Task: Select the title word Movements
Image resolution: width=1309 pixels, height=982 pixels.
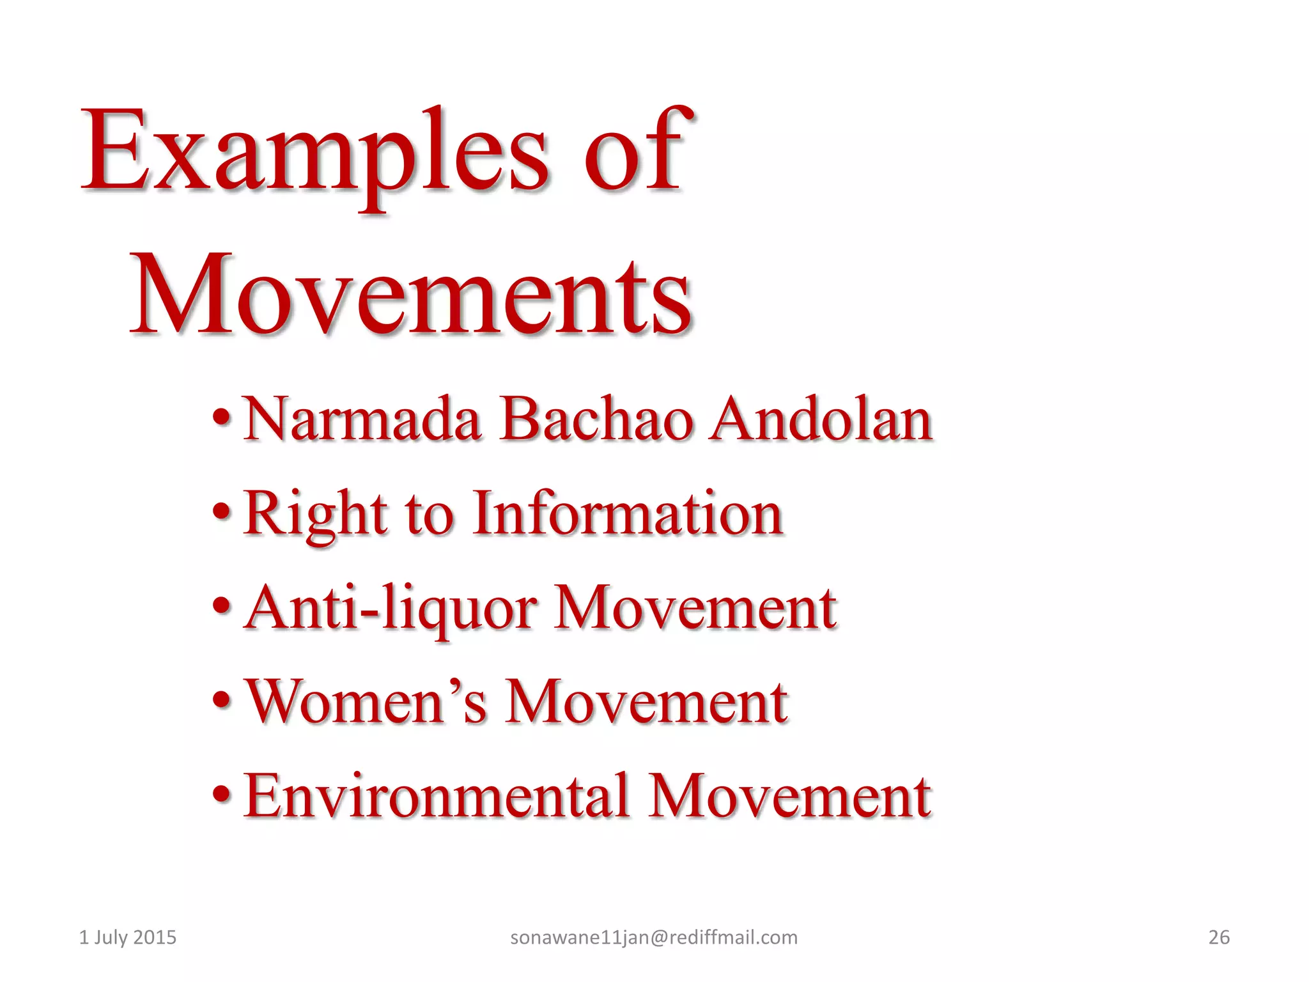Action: click(411, 295)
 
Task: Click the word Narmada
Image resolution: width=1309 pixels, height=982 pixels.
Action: click(362, 419)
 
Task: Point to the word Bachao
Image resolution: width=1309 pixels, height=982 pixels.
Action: click(596, 419)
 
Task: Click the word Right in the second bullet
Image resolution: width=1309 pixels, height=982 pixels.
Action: click(315, 515)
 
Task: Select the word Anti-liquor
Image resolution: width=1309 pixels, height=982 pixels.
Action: click(391, 609)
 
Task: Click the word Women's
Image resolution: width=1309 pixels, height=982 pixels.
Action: click(366, 702)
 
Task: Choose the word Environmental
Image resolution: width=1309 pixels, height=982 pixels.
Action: click(437, 796)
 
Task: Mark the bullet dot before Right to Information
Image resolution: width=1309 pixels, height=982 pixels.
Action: click(221, 513)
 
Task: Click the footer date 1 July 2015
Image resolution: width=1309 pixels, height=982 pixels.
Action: click(127, 937)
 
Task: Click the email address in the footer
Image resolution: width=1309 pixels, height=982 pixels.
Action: click(654, 937)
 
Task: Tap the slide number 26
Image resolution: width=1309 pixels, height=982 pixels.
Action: click(1219, 937)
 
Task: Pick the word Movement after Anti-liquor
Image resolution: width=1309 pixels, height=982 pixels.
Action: click(695, 609)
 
